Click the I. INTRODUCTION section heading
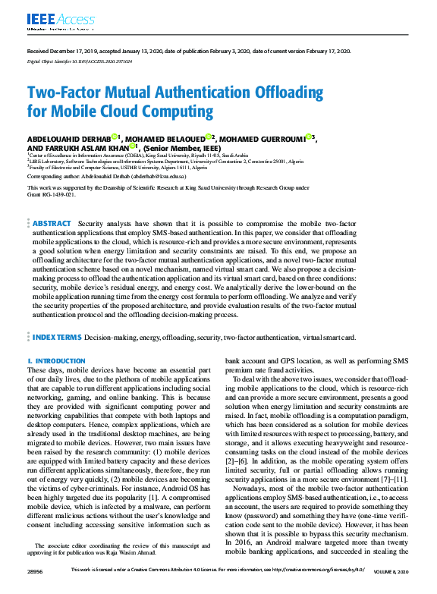(55, 361)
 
